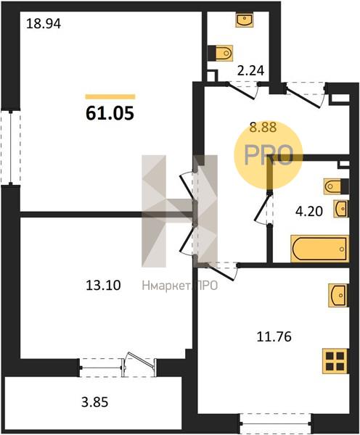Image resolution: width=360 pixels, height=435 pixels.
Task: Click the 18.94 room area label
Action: pyautogui.click(x=44, y=24)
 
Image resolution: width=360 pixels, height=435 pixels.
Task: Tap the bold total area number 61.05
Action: pyautogui.click(x=110, y=114)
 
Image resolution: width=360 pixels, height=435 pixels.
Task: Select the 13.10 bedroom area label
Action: pyautogui.click(x=103, y=285)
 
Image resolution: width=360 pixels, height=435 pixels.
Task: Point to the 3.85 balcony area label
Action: pyautogui.click(x=95, y=402)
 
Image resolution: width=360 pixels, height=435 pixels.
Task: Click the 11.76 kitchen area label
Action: pyautogui.click(x=274, y=337)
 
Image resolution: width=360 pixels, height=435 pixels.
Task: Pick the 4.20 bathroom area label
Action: pyautogui.click(x=309, y=212)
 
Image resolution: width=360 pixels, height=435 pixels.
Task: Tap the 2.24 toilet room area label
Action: pyautogui.click(x=250, y=70)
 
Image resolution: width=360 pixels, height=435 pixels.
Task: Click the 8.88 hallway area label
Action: pyautogui.click(x=263, y=128)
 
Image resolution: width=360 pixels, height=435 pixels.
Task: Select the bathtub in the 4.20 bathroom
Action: pyautogui.click(x=320, y=249)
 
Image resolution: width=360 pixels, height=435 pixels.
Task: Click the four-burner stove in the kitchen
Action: pyautogui.click(x=335, y=361)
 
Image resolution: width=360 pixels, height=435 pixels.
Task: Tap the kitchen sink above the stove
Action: pyautogui.click(x=337, y=295)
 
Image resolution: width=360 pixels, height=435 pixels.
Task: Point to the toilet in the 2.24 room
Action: pyautogui.click(x=220, y=52)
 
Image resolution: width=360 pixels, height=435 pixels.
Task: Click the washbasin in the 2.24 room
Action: pyautogui.click(x=245, y=20)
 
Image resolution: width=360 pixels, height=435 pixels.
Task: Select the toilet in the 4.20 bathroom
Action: pyautogui.click(x=336, y=186)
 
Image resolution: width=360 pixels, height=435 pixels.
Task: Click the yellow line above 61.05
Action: pyautogui.click(x=110, y=96)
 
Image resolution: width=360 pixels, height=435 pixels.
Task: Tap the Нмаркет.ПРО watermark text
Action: pyautogui.click(x=180, y=286)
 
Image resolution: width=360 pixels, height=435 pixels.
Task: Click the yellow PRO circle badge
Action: pyautogui.click(x=268, y=155)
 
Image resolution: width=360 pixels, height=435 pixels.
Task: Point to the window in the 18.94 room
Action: pyautogui.click(x=11, y=147)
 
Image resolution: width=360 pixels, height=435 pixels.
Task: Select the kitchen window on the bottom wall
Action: pyautogui.click(x=275, y=423)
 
